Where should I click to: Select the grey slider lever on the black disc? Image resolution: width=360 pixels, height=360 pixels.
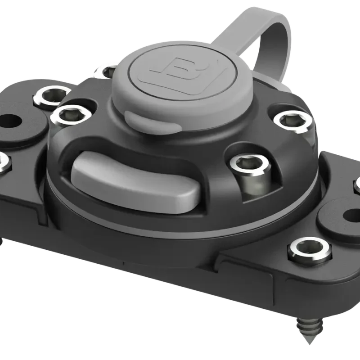coord(135,180)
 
